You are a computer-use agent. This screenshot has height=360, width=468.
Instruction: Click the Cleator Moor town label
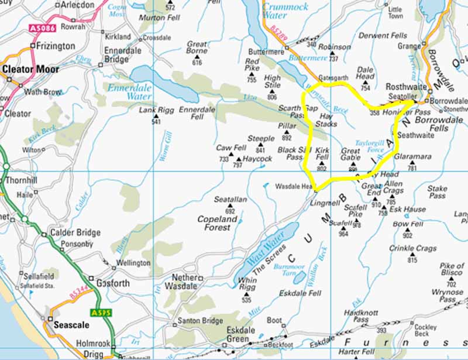31,69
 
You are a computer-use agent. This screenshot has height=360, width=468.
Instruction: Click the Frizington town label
56,46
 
